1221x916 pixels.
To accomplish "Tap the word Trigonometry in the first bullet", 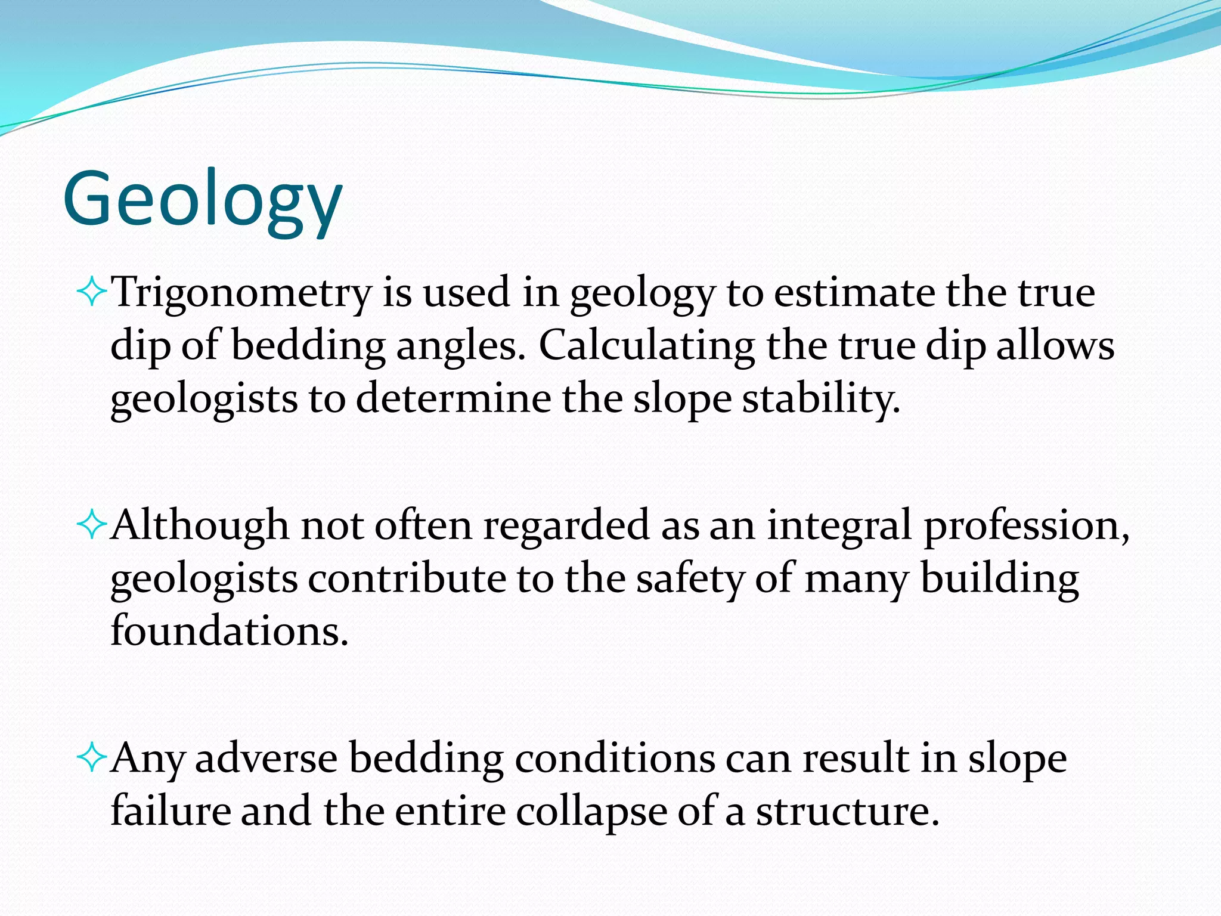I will point(241,293).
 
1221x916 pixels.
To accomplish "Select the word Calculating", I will point(646,346).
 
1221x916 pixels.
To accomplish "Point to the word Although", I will point(200,525).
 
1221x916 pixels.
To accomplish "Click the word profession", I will point(1025,527).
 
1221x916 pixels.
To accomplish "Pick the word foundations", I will point(229,631).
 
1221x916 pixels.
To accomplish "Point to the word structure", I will point(847,812).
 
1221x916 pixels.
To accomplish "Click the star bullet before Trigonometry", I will point(92,293).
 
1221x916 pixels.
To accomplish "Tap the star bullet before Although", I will point(92,526).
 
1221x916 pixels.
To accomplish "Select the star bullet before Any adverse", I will point(92,759).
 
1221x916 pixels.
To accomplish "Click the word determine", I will point(453,399).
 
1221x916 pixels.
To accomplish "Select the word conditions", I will point(614,759).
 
